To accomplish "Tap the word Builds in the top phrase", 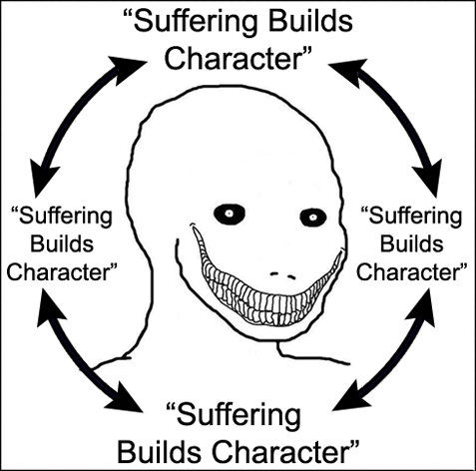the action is (310, 22).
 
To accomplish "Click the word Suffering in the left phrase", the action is (65, 218).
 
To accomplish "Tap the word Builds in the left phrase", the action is (62, 243).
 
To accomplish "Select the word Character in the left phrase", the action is (59, 271).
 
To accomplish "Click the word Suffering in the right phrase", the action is (415, 218).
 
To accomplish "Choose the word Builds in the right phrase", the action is (412, 243).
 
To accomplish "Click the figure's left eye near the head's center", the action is (230, 214).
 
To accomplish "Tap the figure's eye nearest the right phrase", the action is (313, 218).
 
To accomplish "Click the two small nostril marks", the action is (282, 275).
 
